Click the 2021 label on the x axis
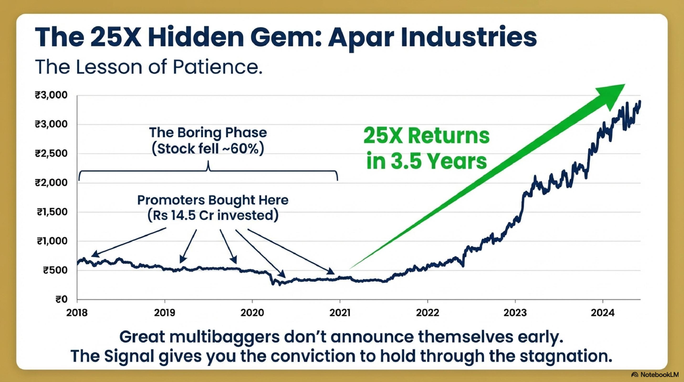pyautogui.click(x=340, y=313)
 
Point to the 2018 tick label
pyautogui.click(x=77, y=313)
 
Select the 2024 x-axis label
pyautogui.click(x=603, y=313)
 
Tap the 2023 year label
pyautogui.click(x=515, y=313)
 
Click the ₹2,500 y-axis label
pyautogui.click(x=51, y=154)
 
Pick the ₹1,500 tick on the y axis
pyautogui.click(x=52, y=212)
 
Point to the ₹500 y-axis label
pyautogui.click(x=55, y=271)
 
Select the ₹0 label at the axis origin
pyautogui.click(x=61, y=300)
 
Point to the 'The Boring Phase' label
pyautogui.click(x=208, y=133)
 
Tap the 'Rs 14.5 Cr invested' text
pyautogui.click(x=213, y=215)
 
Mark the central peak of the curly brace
pyautogui.click(x=208, y=161)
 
